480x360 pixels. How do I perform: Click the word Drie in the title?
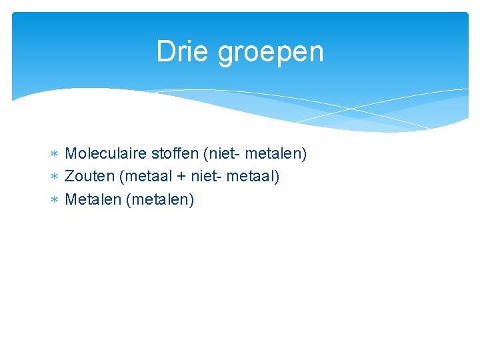184,52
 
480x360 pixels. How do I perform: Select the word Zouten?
89,177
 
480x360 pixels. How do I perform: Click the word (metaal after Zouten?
143,177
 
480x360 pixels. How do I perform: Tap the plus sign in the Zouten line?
181,177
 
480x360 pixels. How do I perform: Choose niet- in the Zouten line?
207,177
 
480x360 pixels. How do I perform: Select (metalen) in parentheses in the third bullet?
159,199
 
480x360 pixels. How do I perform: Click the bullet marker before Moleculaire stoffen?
55,155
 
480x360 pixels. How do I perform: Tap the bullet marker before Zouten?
55,177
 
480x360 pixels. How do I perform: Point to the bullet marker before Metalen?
55,200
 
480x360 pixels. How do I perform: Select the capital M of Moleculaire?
71,154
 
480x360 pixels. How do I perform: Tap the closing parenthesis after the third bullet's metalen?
192,199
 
